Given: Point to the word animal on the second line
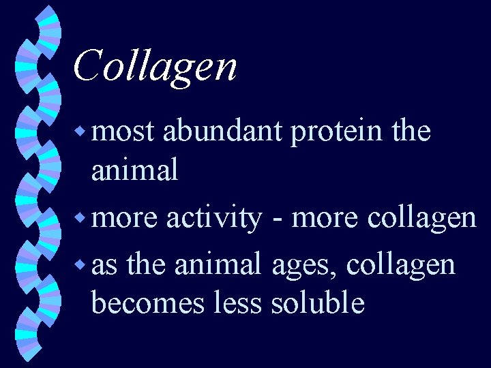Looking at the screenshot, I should pyautogui.click(x=134, y=170).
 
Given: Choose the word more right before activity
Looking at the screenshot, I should pyautogui.click(x=125, y=218).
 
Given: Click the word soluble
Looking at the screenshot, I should pyautogui.click(x=317, y=303).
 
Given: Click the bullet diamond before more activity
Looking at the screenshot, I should pyautogui.click(x=82, y=219).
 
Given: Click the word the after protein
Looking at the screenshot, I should pyautogui.click(x=411, y=131).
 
